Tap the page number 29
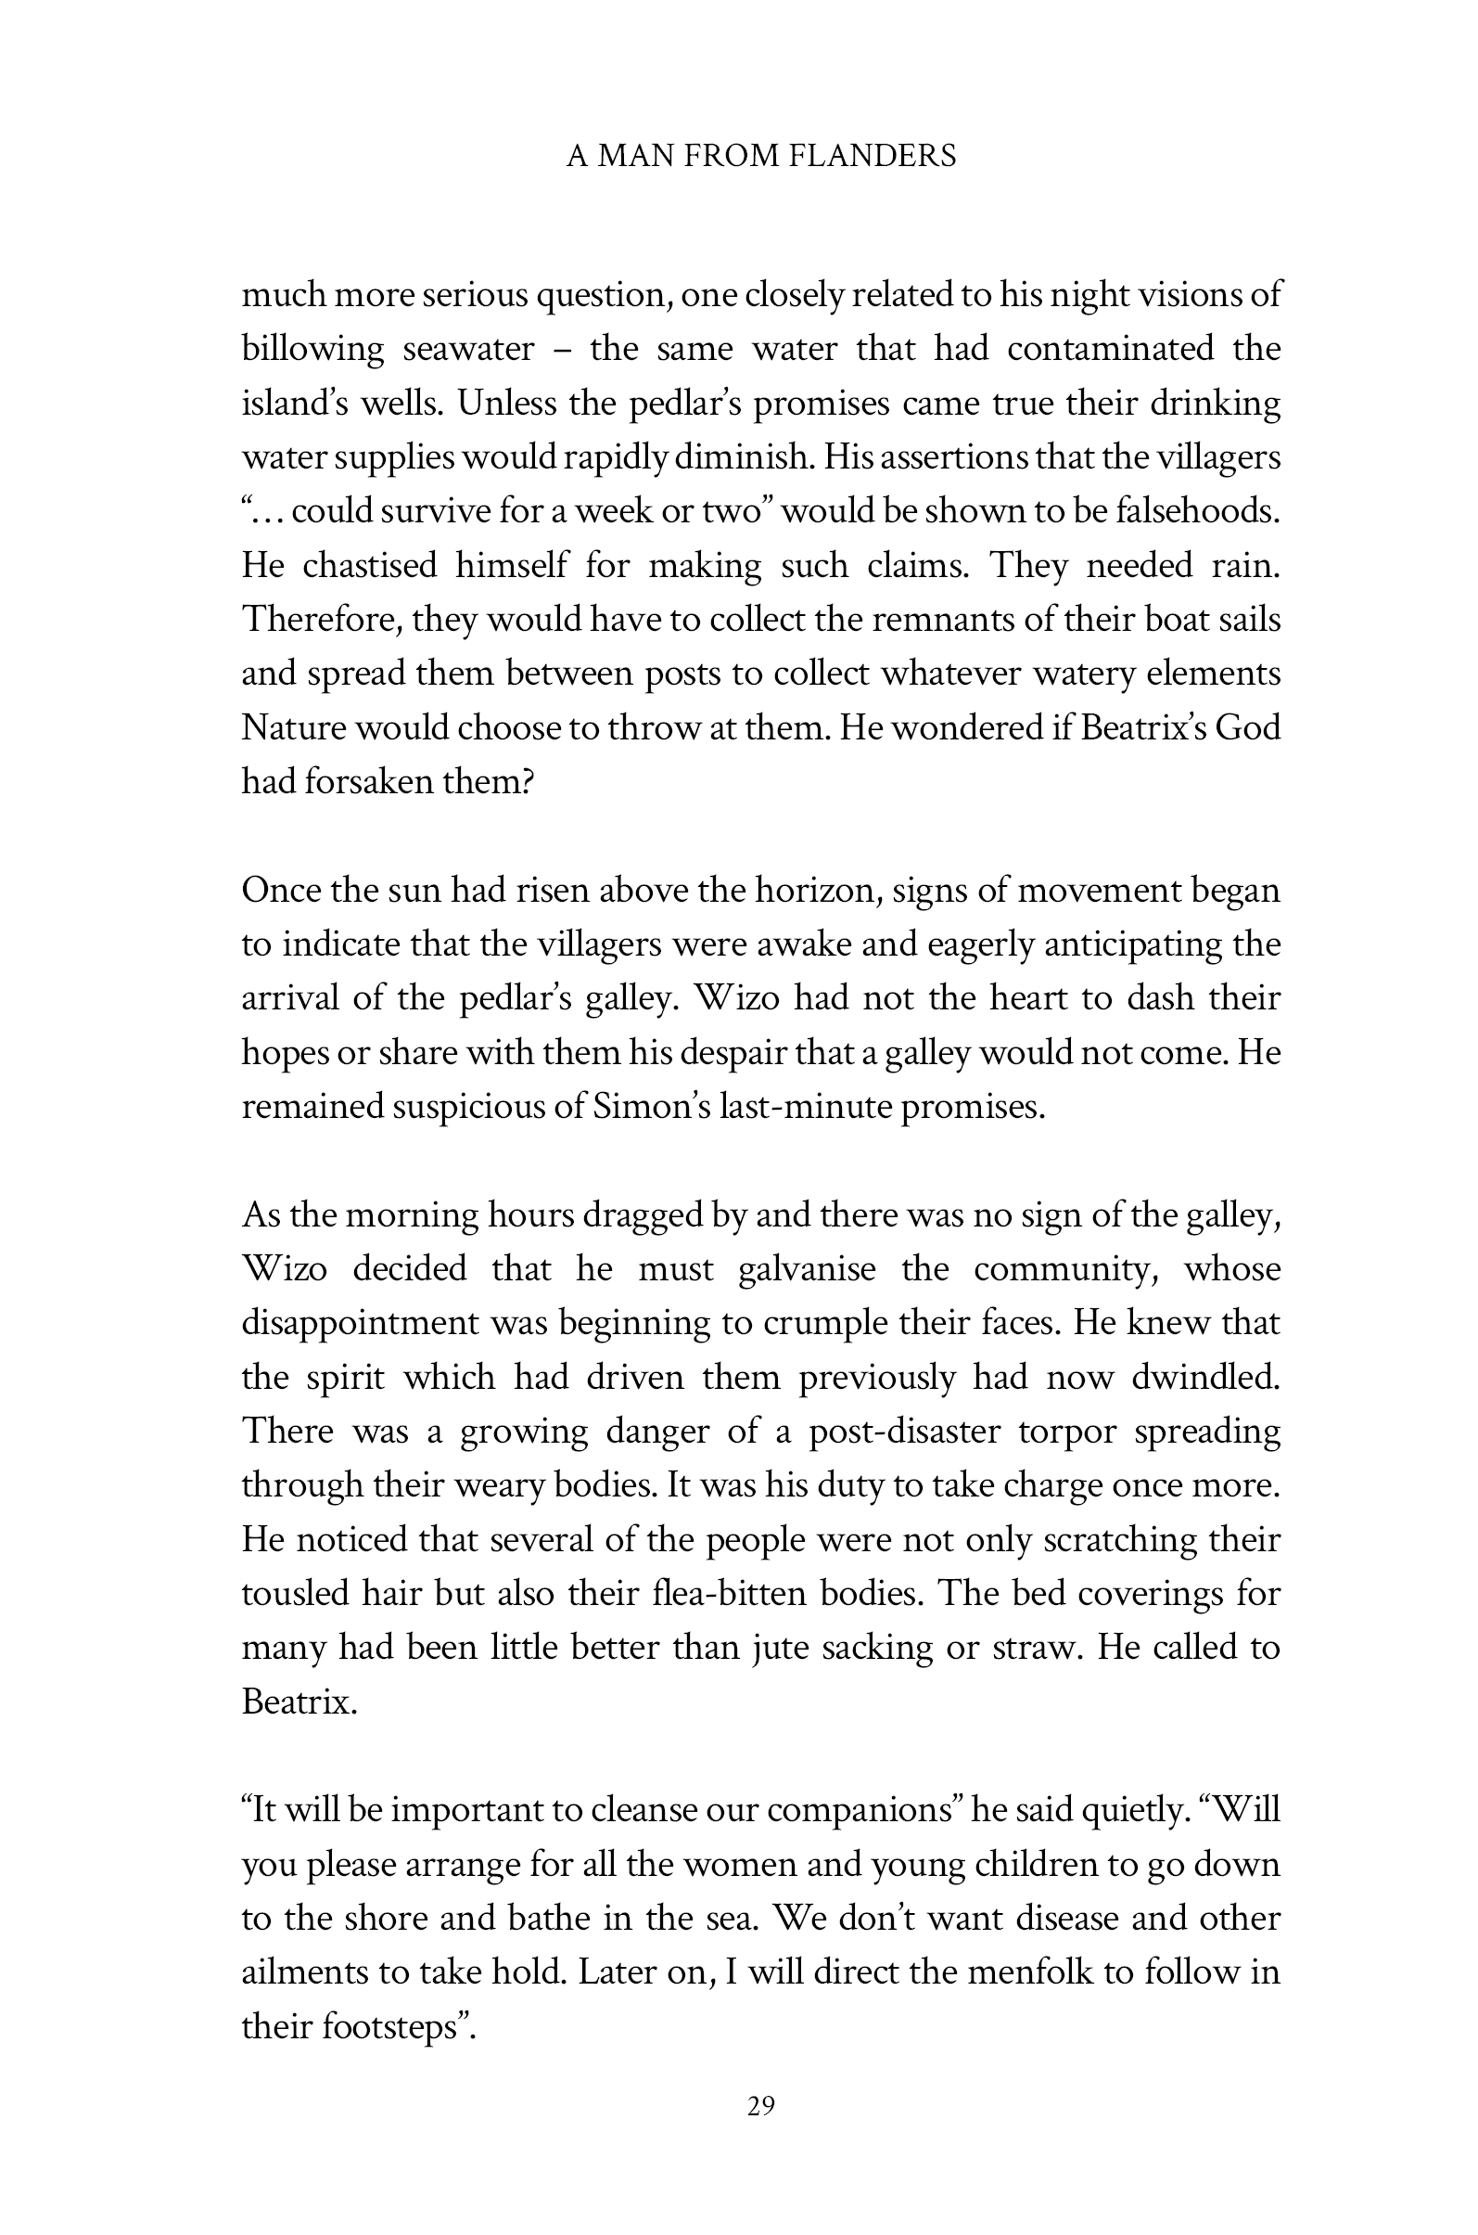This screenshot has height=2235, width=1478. point(760,2106)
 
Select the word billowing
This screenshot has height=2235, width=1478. point(312,349)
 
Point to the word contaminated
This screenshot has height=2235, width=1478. point(1111,349)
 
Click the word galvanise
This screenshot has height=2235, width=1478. point(807,1269)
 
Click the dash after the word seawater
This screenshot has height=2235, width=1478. point(562,350)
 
